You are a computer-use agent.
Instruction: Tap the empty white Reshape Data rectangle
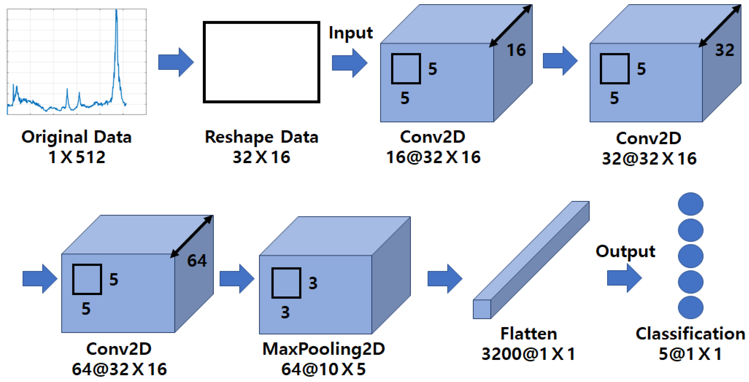[261, 62]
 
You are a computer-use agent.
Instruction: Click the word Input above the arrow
[350, 33]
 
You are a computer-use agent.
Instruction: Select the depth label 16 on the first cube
[516, 50]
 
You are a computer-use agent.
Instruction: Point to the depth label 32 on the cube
[725, 50]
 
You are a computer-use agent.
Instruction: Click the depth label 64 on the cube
[197, 260]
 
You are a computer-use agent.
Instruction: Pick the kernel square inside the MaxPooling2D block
[286, 283]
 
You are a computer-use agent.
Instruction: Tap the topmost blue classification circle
[691, 204]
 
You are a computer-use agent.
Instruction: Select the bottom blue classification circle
[691, 307]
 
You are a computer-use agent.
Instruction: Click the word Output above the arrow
[625, 251]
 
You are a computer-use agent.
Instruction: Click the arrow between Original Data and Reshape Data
[176, 62]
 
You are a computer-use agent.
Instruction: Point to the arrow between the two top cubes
[560, 61]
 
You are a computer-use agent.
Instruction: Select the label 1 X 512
[77, 157]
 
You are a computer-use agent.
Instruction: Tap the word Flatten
[528, 334]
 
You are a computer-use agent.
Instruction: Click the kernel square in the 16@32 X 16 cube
[406, 69]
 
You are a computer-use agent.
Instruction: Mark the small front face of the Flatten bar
[482, 309]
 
